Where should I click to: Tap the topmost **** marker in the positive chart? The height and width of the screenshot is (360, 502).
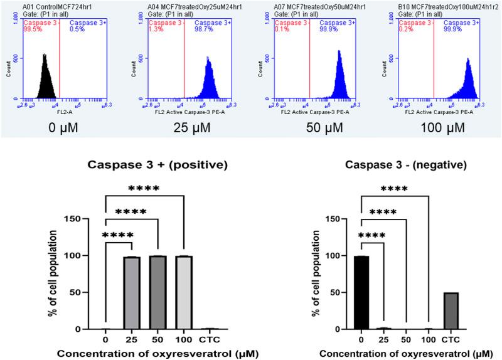145,188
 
